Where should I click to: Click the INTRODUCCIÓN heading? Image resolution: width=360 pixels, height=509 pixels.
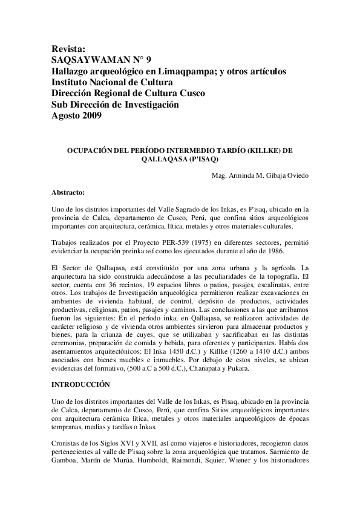80,383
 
